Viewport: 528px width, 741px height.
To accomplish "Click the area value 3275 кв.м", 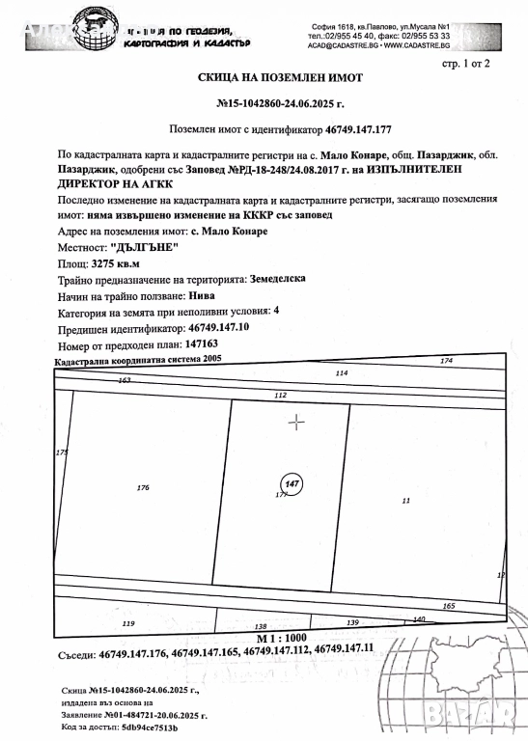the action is coord(116,261).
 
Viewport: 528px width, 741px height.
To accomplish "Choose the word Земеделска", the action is coord(278,277).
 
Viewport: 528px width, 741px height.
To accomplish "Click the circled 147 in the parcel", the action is coord(290,482).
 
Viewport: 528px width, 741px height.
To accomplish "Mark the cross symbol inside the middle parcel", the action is coord(296,421).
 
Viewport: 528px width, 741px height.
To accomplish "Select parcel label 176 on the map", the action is coord(143,488).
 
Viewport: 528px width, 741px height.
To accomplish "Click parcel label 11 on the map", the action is coord(405,500).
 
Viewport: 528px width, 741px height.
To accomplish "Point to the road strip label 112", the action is coord(281,396).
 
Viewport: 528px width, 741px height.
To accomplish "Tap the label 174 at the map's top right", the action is coord(445,361).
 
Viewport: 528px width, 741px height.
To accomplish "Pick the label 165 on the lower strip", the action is coord(448,605).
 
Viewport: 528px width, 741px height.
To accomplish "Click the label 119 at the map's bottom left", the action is coord(128,625).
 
